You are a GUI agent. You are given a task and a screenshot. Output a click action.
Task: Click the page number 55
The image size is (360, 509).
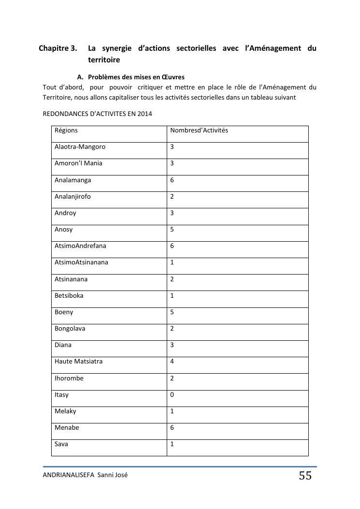[305, 476]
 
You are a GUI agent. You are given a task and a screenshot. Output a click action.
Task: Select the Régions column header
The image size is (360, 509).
[66, 131]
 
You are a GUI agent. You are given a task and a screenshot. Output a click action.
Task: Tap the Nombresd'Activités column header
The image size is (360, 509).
[199, 131]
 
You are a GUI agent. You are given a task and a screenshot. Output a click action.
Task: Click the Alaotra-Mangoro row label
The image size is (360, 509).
[80, 147]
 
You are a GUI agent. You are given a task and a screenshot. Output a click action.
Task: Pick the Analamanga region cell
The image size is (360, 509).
[72, 180]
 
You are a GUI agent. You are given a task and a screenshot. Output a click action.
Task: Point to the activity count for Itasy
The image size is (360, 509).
[172, 395]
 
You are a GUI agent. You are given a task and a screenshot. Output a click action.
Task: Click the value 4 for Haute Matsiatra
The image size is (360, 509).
[172, 362]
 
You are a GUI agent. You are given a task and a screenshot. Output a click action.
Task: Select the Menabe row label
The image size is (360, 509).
[67, 428]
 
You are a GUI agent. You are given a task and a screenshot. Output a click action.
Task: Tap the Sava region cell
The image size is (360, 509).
[61, 444]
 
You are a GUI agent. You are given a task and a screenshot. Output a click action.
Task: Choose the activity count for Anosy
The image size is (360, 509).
[172, 230]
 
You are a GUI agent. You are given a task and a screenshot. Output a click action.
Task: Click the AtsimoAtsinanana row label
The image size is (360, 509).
[81, 262]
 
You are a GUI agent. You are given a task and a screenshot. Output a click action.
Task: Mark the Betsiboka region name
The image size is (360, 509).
[69, 296]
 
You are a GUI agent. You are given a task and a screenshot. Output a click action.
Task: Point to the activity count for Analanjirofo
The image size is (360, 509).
[172, 197]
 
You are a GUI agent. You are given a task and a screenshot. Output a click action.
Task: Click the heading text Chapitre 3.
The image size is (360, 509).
[58, 48]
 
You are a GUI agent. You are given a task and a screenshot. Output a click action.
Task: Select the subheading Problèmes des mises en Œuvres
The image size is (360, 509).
[136, 77]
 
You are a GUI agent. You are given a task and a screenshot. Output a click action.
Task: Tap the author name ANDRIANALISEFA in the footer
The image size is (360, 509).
[69, 475]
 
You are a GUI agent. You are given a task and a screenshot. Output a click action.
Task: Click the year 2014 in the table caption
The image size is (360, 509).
[145, 114]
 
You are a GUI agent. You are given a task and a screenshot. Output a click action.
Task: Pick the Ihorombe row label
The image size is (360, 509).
[69, 378]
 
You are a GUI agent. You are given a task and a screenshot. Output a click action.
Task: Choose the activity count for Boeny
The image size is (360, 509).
[172, 312]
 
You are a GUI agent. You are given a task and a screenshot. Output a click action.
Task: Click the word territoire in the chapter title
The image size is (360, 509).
[104, 60]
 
